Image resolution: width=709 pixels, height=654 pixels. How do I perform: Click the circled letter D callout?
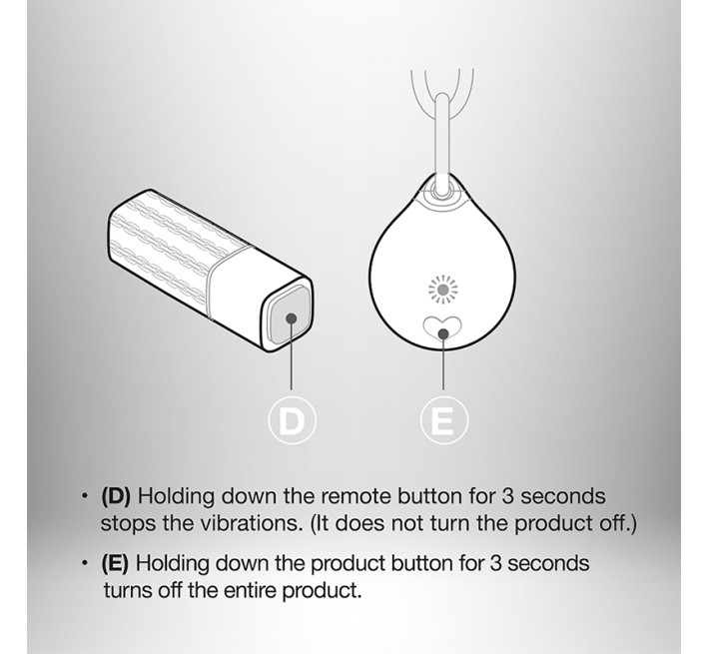click(x=292, y=420)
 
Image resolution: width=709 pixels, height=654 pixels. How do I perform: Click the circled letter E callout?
click(x=443, y=420)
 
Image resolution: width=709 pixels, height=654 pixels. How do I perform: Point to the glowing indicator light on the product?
click(x=443, y=289)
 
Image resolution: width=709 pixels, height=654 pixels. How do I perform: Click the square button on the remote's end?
click(x=290, y=317)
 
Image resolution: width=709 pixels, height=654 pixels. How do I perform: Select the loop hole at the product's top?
click(x=441, y=190)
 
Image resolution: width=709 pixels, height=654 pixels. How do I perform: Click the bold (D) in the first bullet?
click(x=116, y=496)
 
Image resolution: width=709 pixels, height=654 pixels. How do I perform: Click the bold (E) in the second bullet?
click(x=115, y=563)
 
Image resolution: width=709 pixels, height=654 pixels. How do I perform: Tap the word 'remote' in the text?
click(x=355, y=496)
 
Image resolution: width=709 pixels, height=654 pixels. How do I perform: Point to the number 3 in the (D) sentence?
click(x=508, y=496)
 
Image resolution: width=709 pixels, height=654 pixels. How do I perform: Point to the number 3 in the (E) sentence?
click(x=496, y=563)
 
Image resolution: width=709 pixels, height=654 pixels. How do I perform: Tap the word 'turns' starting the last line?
click(x=128, y=591)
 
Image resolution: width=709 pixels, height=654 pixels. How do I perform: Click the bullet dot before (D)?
click(x=84, y=496)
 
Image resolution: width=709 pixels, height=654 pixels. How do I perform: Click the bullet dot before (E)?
click(x=84, y=563)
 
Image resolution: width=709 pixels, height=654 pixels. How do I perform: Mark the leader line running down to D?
click(x=291, y=353)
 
